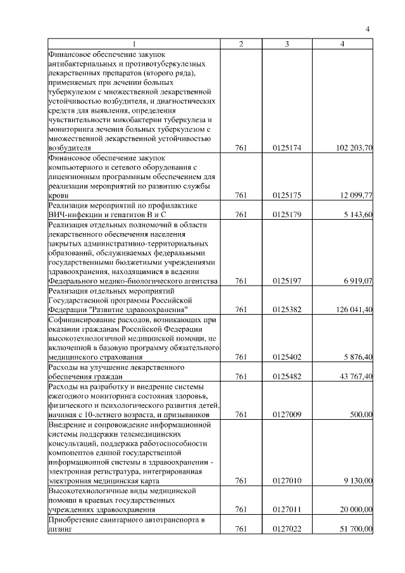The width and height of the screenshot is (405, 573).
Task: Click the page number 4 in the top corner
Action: (367, 28)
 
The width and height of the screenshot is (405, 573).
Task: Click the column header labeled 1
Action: (134, 44)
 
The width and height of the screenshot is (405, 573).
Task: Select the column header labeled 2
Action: (241, 44)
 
